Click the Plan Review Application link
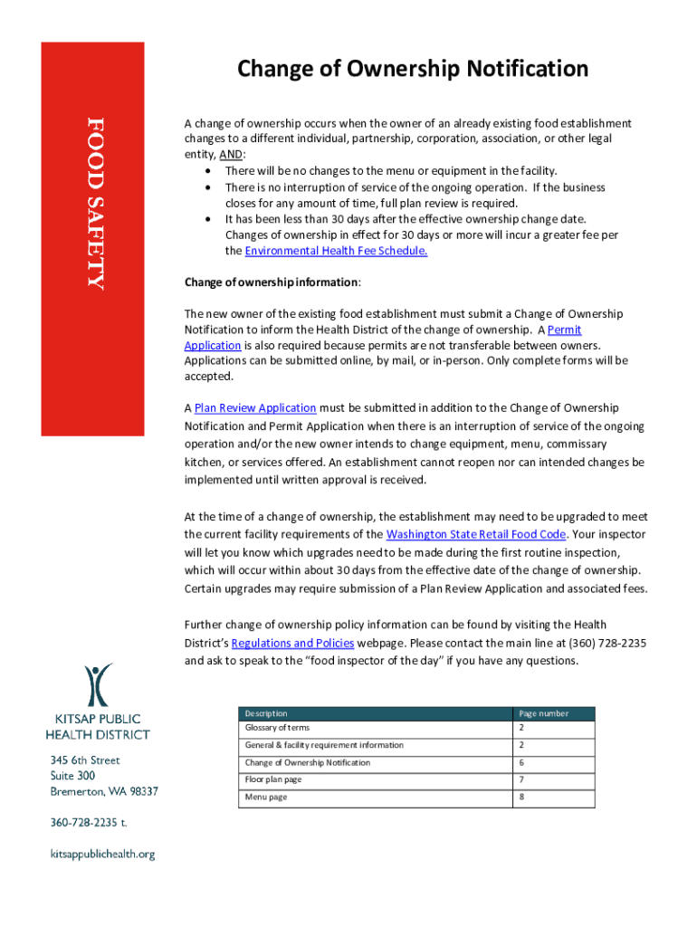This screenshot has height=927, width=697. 255,408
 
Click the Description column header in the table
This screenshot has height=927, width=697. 266,713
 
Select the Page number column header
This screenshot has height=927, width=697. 543,713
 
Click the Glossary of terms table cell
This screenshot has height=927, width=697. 277,728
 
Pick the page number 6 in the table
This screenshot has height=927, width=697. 521,763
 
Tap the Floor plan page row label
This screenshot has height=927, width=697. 273,779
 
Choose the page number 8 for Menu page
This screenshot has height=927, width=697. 521,798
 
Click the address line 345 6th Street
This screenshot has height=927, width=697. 85,760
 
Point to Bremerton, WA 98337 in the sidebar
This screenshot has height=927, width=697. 104,791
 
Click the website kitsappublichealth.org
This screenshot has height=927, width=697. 102,854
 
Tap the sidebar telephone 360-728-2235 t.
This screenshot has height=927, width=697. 88,823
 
